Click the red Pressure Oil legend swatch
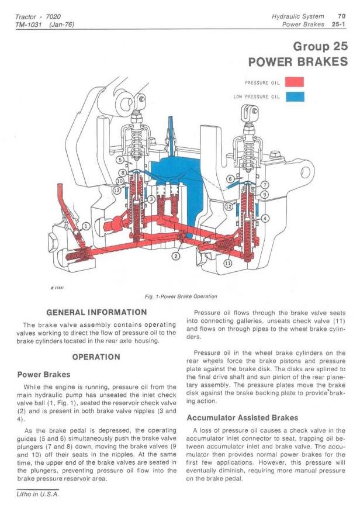click(x=295, y=82)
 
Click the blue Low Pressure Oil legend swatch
click(x=295, y=96)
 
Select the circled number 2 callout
click(x=176, y=255)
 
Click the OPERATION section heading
click(x=96, y=357)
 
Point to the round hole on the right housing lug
click(x=304, y=172)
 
